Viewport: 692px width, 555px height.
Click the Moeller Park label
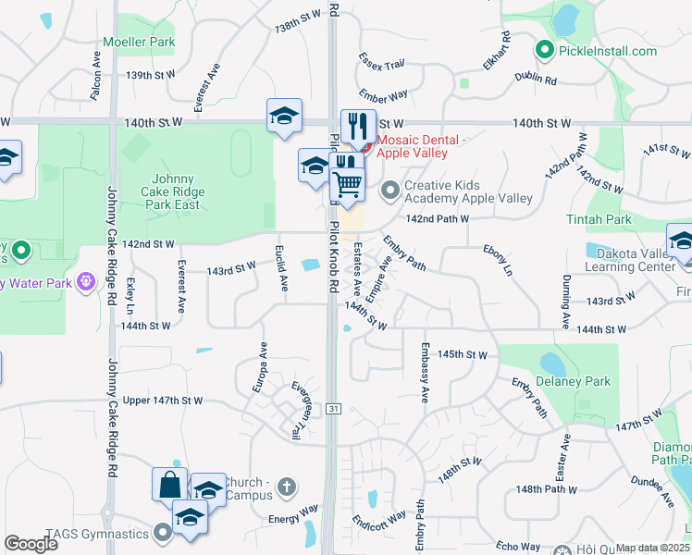click(x=139, y=42)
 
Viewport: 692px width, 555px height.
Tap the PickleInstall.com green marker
click(x=545, y=50)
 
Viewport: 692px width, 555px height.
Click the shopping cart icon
click(x=348, y=183)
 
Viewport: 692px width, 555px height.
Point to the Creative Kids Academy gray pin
click(x=390, y=191)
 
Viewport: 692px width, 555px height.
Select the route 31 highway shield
click(x=333, y=408)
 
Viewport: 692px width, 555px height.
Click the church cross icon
click(x=287, y=486)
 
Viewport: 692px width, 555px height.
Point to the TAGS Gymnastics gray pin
click(x=164, y=532)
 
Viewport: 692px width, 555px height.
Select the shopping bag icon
click(x=170, y=483)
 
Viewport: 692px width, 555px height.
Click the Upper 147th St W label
click(x=162, y=401)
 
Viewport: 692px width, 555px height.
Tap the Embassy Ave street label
click(x=425, y=374)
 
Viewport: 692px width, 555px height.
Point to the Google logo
click(x=31, y=544)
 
